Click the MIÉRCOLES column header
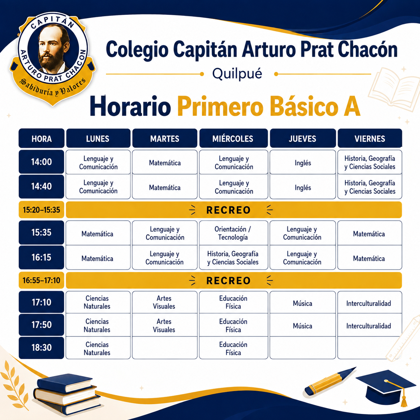233,138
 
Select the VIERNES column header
370,138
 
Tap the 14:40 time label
42,186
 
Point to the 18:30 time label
42,348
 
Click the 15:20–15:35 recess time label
42,210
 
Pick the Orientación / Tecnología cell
233,233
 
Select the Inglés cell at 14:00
303,162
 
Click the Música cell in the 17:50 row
303,326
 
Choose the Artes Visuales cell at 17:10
164,302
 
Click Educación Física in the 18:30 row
233,348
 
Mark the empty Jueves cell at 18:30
303,348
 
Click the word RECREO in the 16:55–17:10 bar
228,281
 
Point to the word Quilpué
237,74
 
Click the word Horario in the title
130,107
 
